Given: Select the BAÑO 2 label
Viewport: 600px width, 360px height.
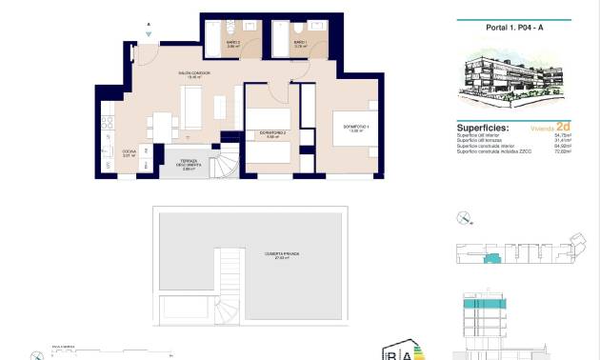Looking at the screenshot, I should (x=232, y=43).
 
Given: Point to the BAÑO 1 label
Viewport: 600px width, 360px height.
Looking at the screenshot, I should (x=299, y=43).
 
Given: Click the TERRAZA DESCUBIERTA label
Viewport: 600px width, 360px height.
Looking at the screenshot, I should (x=190, y=164).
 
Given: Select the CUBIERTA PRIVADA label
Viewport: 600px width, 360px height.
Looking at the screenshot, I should (x=283, y=254).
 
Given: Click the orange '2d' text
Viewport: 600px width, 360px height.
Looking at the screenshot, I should (x=563, y=126).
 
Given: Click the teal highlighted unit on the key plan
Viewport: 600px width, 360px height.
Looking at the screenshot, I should (x=492, y=259).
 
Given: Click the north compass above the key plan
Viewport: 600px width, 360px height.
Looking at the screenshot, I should (x=463, y=217).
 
